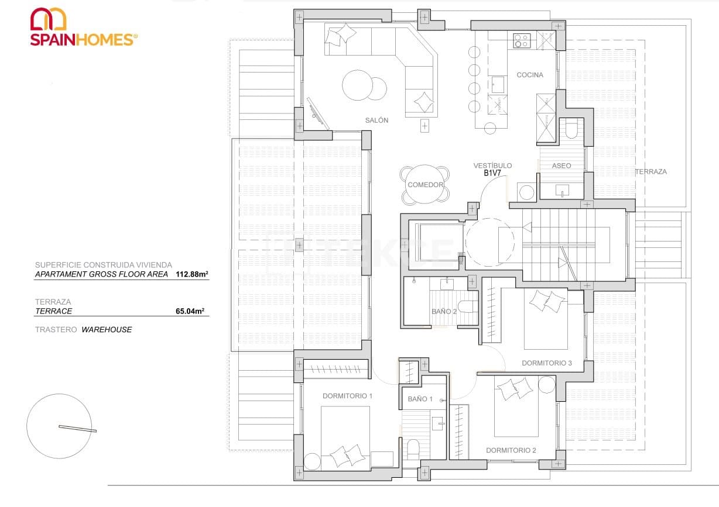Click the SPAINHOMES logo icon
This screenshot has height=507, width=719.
tap(48, 19)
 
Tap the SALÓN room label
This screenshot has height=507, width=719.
tap(376, 120)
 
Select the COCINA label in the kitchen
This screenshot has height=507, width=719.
tap(529, 75)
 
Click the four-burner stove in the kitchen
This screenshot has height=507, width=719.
tap(522, 40)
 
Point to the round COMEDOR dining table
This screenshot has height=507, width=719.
tap(426, 185)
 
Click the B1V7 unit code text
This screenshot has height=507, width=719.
tap(492, 174)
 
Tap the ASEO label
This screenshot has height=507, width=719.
tap(561, 166)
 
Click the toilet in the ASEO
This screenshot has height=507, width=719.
tap(570, 128)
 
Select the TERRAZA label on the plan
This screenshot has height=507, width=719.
tap(650, 172)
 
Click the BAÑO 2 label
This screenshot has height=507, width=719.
tap(444, 312)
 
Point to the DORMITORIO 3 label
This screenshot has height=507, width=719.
tap(546, 363)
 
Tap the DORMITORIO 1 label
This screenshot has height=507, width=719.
tap(347, 396)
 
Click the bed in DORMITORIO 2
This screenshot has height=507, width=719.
tap(516, 409)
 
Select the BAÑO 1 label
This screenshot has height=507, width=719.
tap(420, 399)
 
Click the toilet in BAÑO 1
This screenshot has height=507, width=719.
tap(413, 449)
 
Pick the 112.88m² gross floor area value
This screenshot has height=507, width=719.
tap(192, 274)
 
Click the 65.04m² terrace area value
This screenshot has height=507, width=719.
tap(192, 312)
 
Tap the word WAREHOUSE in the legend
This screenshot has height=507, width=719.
tap(107, 330)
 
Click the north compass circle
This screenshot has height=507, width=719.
tap(59, 426)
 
